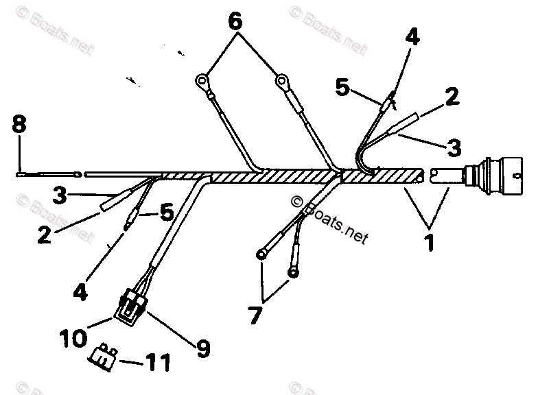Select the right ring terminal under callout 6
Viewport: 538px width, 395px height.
tap(281, 83)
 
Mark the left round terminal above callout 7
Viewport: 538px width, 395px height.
tap(261, 255)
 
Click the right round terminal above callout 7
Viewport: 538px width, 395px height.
tap(293, 273)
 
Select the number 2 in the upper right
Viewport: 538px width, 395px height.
tap(451, 96)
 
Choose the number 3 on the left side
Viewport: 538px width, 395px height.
tap(60, 195)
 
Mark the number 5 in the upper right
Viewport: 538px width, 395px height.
tap(343, 87)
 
